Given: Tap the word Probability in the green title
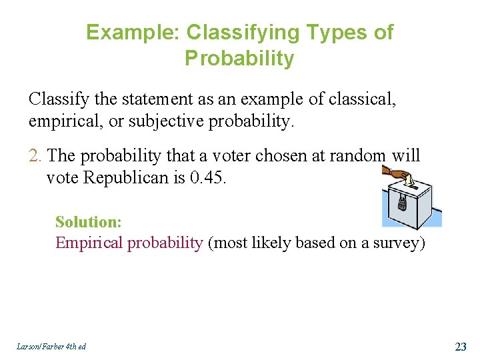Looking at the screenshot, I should [x=239, y=59].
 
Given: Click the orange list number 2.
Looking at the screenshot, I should [x=36, y=156].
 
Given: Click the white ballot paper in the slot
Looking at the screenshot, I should [x=411, y=180].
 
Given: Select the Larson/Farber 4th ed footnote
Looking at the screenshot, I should [x=52, y=346].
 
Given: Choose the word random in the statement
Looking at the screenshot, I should [x=361, y=156].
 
